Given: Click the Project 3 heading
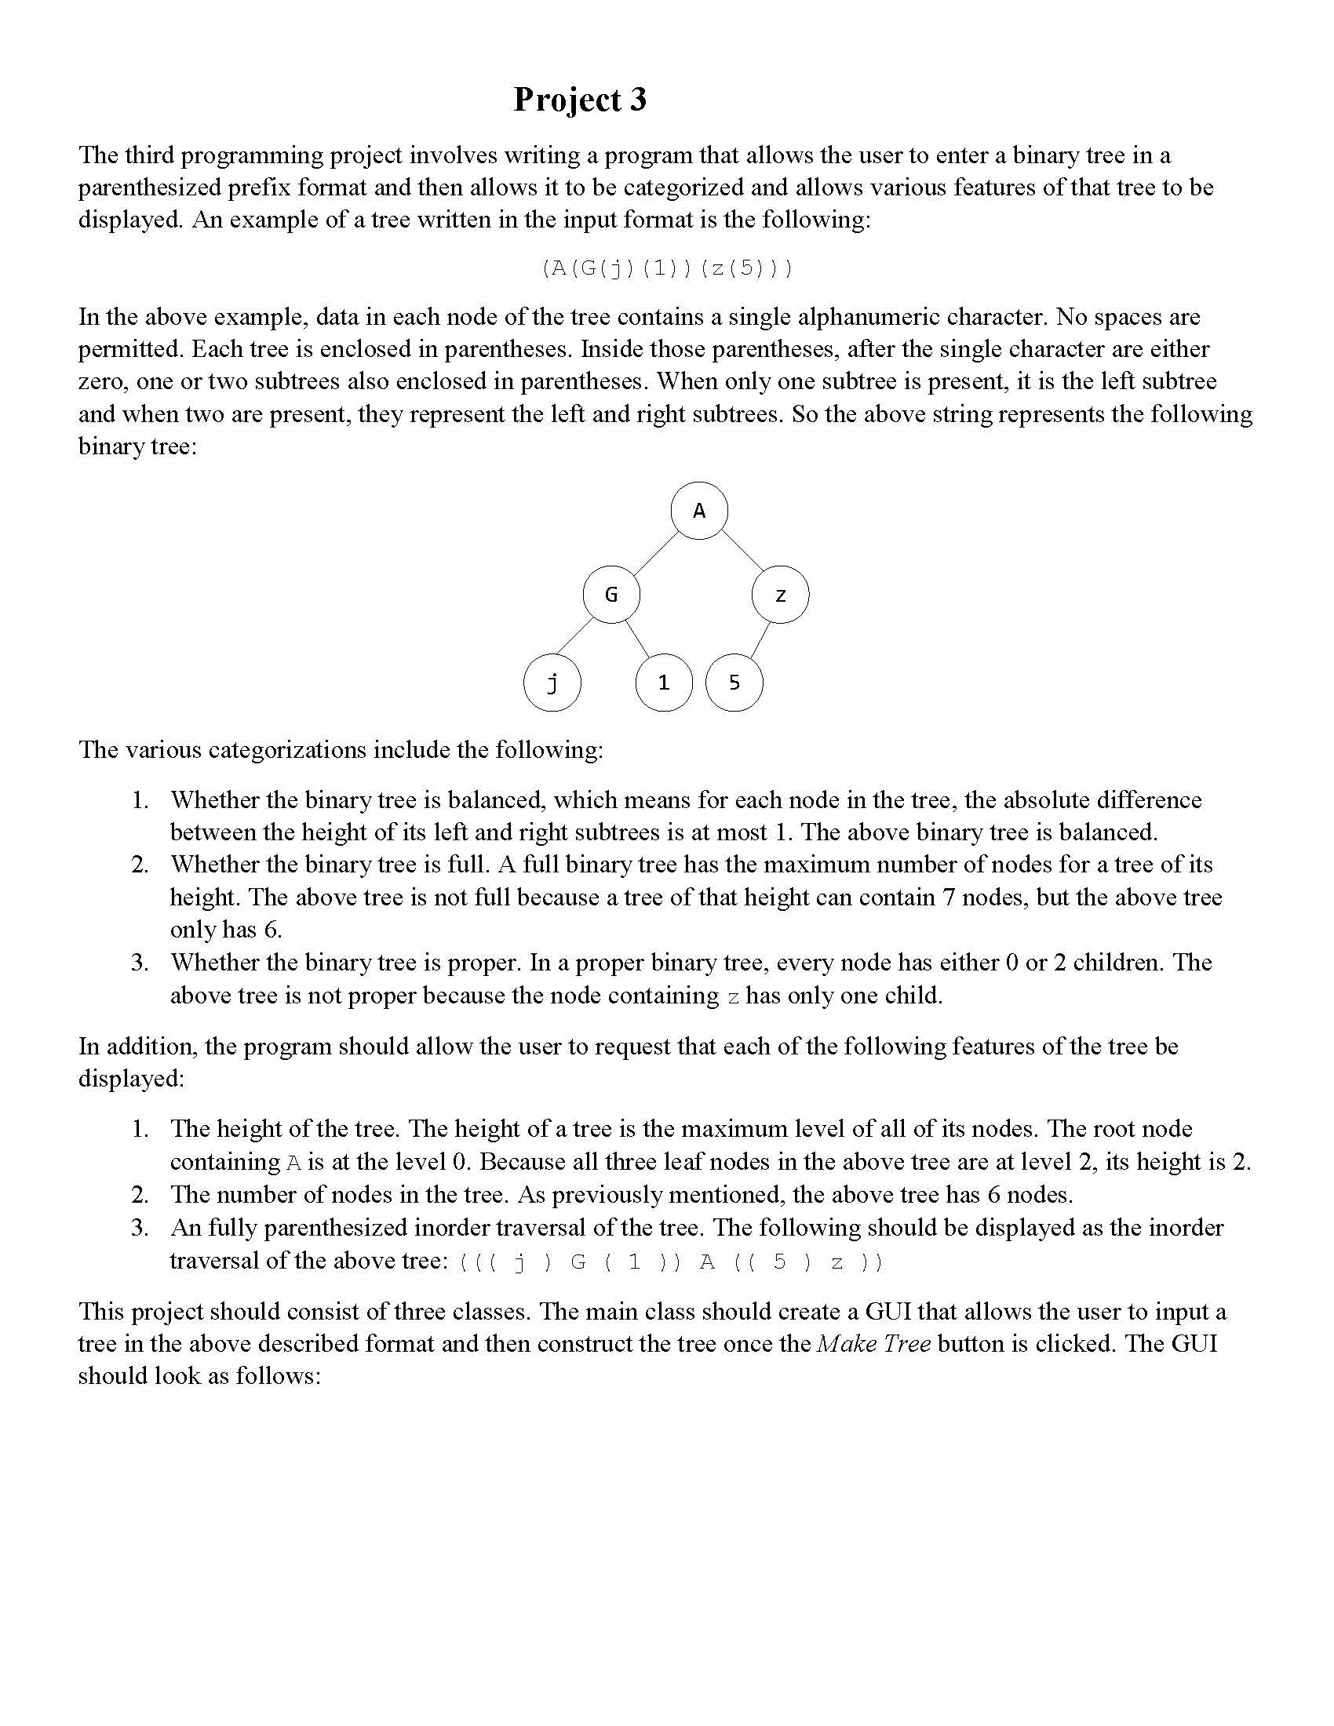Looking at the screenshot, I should pyautogui.click(x=580, y=100).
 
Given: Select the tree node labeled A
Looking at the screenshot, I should pyautogui.click(x=699, y=511).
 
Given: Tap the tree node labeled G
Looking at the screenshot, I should pyautogui.click(x=611, y=595).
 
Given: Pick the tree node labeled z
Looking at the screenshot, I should pyautogui.click(x=781, y=595).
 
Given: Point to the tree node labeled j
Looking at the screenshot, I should pyautogui.click(x=552, y=682).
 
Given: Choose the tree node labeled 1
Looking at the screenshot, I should pyautogui.click(x=664, y=682).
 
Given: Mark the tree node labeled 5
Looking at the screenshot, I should pyautogui.click(x=734, y=682).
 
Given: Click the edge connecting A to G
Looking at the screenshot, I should pyautogui.click(x=656, y=553).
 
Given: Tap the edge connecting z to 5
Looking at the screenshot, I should pyautogui.click(x=760, y=639).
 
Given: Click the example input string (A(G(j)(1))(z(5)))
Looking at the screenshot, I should pyautogui.click(x=667, y=268).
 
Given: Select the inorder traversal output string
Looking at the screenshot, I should pyautogui.click(x=670, y=1262).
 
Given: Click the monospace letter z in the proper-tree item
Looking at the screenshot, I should pyautogui.click(x=734, y=996).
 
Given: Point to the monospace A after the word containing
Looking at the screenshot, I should pyautogui.click(x=293, y=1163).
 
